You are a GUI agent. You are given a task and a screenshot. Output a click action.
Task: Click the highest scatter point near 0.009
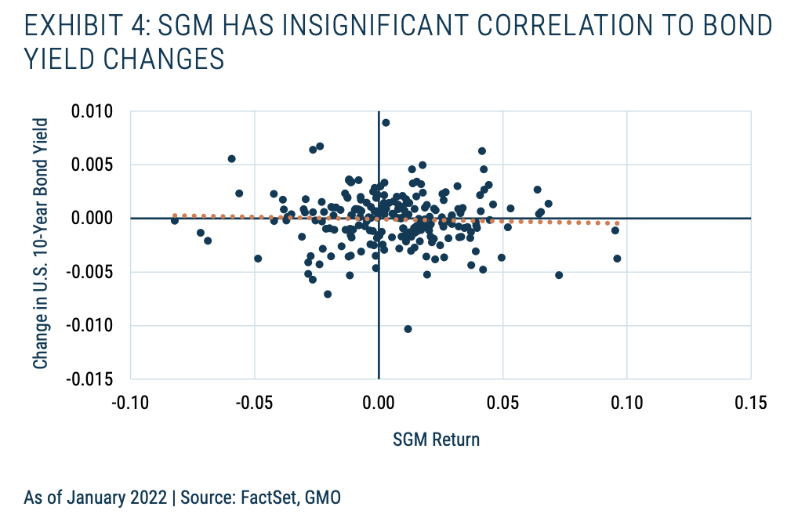[386, 122]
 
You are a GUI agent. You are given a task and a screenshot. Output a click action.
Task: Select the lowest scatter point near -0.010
[408, 329]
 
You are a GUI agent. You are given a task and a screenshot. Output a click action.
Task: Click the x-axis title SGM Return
[436, 439]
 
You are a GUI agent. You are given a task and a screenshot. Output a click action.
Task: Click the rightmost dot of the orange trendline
[618, 224]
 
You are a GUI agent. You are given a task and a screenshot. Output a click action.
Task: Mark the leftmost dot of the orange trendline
[174, 215]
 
